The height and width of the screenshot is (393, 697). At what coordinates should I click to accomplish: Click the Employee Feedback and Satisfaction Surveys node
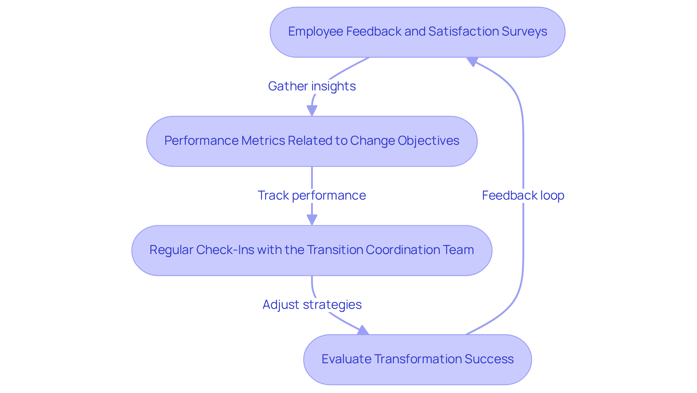click(417, 32)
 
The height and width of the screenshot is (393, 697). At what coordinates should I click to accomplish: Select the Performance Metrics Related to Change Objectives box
click(311, 141)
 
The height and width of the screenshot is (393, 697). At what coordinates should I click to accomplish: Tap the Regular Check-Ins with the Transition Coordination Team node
click(311, 250)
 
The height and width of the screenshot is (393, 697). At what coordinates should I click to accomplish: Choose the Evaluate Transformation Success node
click(417, 359)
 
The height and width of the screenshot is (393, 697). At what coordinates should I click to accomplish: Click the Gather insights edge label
click(312, 86)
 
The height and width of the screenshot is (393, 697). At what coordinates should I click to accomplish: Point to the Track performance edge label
click(312, 196)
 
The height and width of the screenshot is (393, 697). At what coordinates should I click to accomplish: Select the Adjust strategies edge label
click(312, 305)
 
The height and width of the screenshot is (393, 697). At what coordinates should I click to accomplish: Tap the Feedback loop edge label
click(523, 196)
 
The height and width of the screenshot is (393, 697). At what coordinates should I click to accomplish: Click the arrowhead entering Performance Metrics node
click(312, 111)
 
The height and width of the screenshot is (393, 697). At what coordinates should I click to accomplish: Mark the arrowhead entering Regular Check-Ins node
click(312, 220)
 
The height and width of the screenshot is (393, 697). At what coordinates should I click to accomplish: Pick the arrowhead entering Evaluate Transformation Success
click(363, 330)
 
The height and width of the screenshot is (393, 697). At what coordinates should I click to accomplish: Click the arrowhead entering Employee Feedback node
click(472, 61)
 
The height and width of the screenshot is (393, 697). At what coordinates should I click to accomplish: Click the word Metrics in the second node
click(263, 141)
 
